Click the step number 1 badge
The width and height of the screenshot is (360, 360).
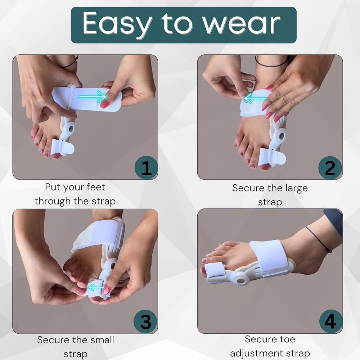coord(146,168)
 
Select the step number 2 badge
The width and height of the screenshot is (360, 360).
coord(330,168)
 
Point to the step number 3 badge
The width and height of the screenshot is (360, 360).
coord(145,321)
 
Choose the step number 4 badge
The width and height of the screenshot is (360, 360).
coord(330,321)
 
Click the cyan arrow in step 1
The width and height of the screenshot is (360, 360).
coord(93,96)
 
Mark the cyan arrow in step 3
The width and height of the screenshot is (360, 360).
coord(96,287)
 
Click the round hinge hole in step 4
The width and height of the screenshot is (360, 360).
coord(240,281)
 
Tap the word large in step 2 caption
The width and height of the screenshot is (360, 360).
coord(296,189)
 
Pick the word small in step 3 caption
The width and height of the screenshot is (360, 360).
coord(102,340)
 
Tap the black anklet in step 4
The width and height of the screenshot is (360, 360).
coord(319,239)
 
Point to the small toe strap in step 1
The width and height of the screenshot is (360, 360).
coord(62,147)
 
